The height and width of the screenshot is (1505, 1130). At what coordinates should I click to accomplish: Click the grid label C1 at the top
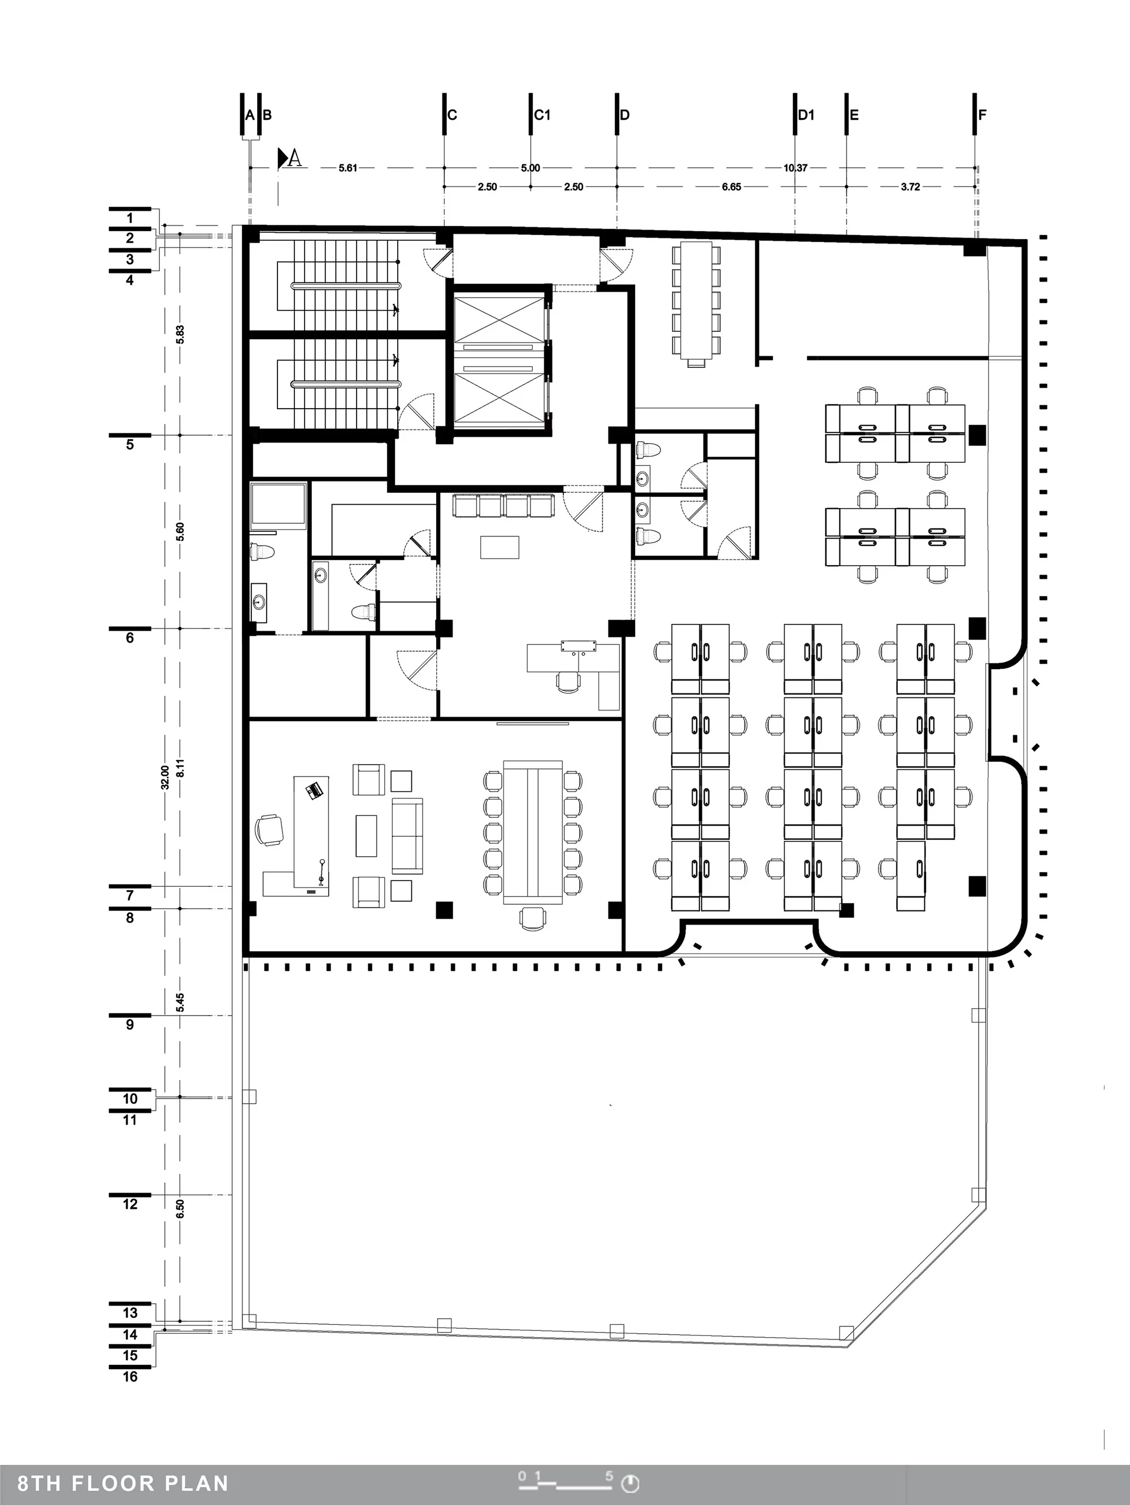pos(542,115)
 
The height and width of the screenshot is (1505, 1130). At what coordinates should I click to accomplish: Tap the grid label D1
pos(806,115)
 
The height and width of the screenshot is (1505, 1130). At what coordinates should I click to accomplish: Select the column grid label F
pos(983,115)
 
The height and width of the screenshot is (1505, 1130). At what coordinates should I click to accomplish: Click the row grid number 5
pos(130,445)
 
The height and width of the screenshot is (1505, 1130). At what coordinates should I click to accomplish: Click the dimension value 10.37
pos(796,167)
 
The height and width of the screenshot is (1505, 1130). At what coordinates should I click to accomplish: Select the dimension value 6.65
pos(731,187)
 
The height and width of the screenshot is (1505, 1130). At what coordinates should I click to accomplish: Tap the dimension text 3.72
pos(910,187)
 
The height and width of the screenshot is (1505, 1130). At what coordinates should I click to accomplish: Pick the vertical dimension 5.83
pos(180,334)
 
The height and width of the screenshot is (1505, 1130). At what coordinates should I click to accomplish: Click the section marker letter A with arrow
pos(289,158)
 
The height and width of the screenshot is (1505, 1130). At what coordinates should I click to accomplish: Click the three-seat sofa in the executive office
pos(407,835)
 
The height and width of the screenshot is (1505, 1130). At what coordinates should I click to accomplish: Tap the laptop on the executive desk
pos(314,791)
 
